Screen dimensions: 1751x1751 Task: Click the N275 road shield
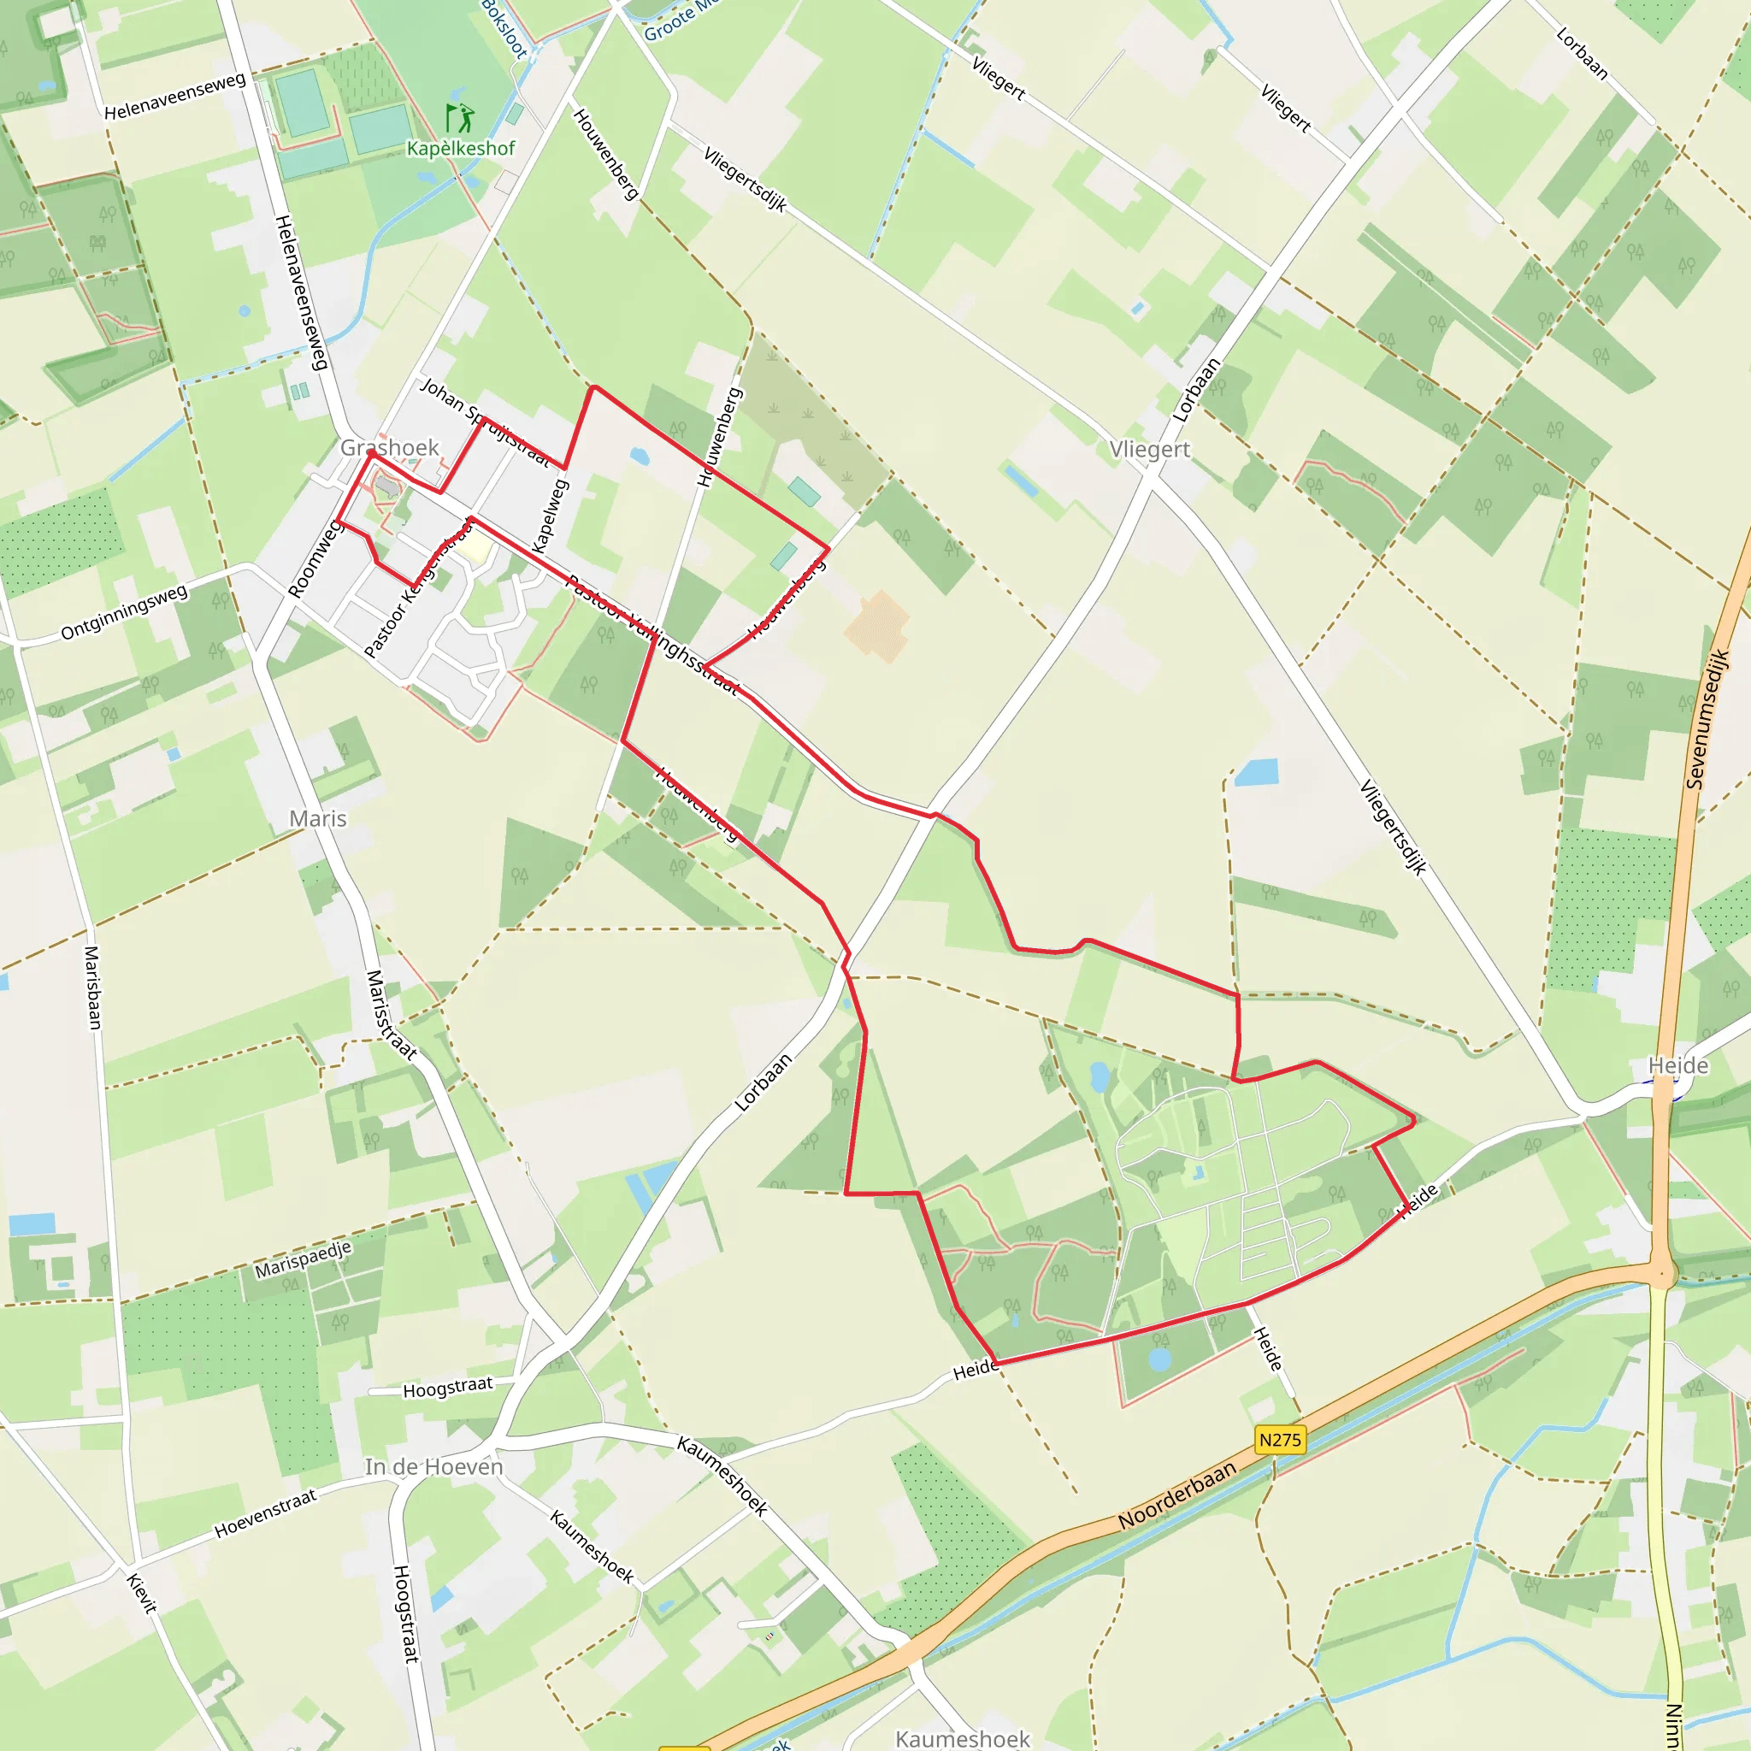[1280, 1440]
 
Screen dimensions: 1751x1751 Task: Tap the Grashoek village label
[390, 447]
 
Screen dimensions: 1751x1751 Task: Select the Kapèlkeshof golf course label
[461, 148]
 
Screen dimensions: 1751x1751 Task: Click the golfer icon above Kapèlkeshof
[459, 118]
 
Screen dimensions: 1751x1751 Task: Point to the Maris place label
[318, 818]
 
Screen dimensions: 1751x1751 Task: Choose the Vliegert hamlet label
[1149, 450]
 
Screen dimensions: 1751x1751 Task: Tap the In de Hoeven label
[433, 1466]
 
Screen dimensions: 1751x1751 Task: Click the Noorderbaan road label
[1176, 1495]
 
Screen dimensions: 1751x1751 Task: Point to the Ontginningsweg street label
[124, 613]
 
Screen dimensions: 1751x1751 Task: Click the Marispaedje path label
[303, 1259]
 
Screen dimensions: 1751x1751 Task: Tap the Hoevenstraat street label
[266, 1513]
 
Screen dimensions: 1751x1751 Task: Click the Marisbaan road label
[92, 987]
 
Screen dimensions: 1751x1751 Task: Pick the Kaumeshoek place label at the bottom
[963, 1738]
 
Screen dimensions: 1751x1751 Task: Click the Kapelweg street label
[551, 515]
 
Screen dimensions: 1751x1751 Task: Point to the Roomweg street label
[314, 559]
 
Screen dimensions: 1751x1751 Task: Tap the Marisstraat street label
[391, 1014]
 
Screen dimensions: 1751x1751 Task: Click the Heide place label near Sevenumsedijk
[1677, 1065]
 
